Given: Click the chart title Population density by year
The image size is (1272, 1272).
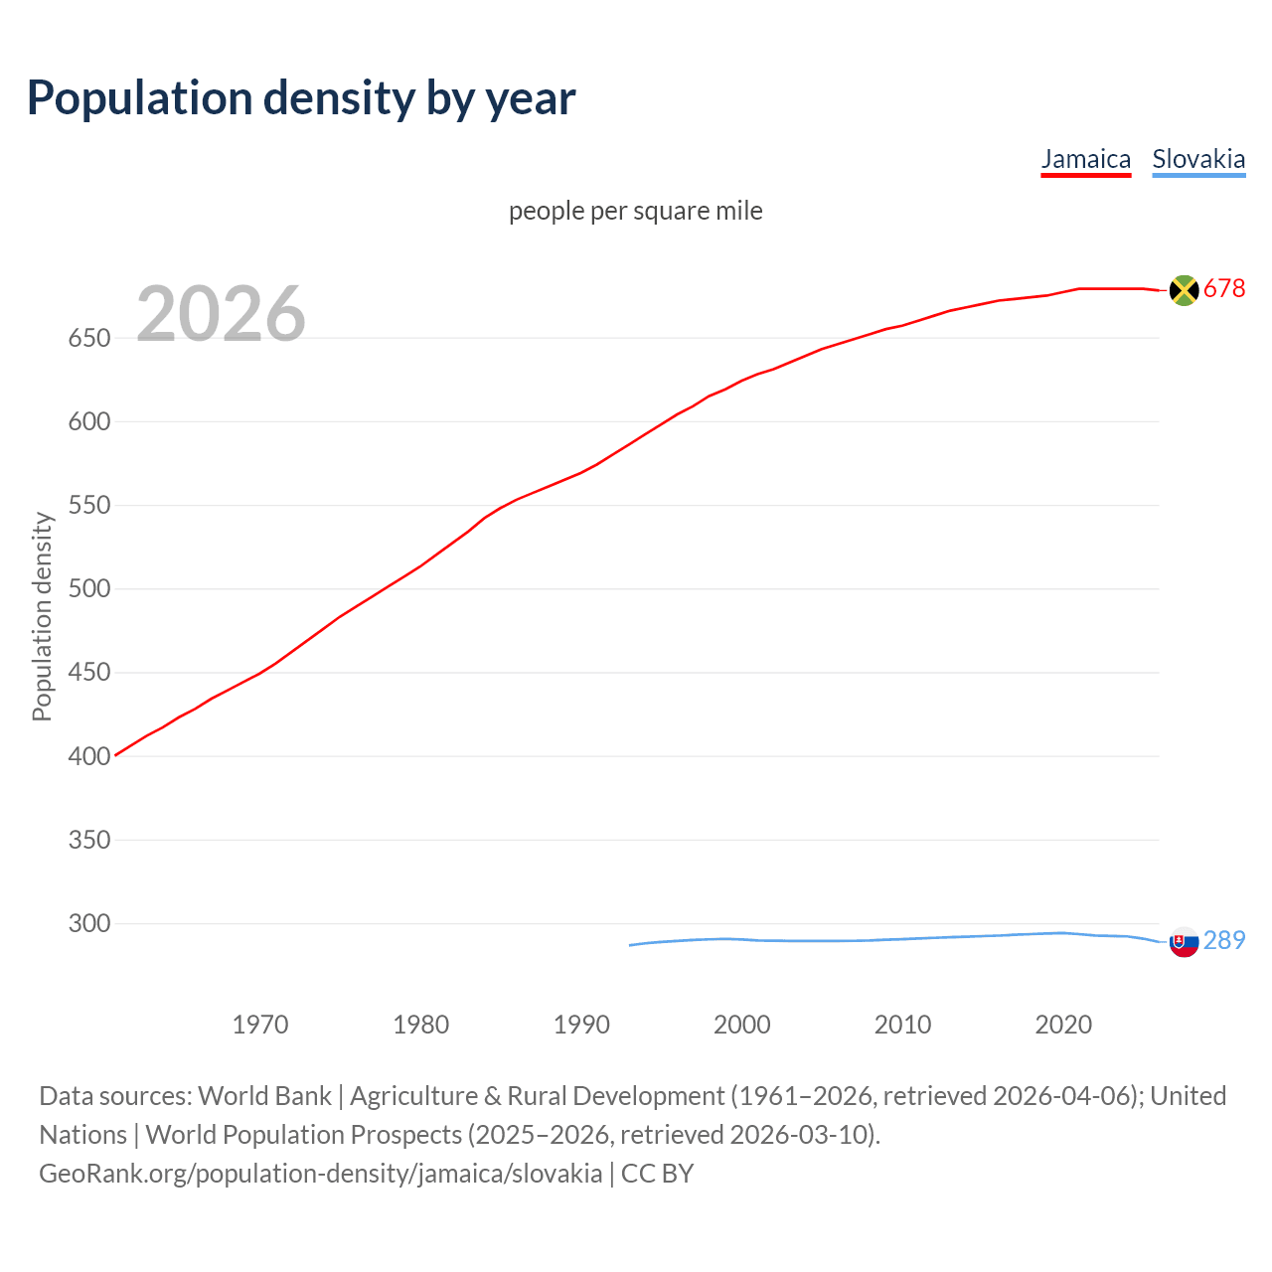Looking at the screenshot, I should click(301, 98).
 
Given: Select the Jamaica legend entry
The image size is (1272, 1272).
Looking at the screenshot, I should click(1085, 159).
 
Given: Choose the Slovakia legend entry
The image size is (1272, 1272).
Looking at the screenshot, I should click(1198, 159).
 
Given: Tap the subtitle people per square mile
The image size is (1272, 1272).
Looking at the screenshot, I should click(636, 212).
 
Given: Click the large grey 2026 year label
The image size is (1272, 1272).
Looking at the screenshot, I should click(221, 314).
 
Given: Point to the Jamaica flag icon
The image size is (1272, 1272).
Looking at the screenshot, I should click(1184, 290).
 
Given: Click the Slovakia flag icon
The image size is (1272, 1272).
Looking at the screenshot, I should click(1184, 941).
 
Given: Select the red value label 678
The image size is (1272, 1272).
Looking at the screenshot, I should click(1224, 289).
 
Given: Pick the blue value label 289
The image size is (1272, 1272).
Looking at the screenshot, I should click(1224, 940).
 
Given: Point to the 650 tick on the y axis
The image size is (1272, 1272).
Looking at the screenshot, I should click(88, 339).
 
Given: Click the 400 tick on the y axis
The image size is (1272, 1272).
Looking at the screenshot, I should click(88, 757).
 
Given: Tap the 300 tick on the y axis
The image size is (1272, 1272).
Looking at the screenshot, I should click(88, 924).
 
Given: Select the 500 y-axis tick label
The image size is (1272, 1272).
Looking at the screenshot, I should click(88, 589).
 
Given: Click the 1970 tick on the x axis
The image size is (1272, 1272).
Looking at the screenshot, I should click(260, 1025).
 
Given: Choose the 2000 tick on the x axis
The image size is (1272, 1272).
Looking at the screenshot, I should click(742, 1025).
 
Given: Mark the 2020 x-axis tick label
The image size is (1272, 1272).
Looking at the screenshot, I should click(1063, 1025).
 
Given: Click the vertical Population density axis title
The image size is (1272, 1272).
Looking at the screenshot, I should click(42, 616).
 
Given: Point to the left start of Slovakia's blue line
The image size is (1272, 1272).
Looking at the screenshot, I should click(631, 945).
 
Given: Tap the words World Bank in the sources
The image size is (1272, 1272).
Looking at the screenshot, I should click(264, 1096).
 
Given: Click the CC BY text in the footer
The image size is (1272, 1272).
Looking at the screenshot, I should click(657, 1174).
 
